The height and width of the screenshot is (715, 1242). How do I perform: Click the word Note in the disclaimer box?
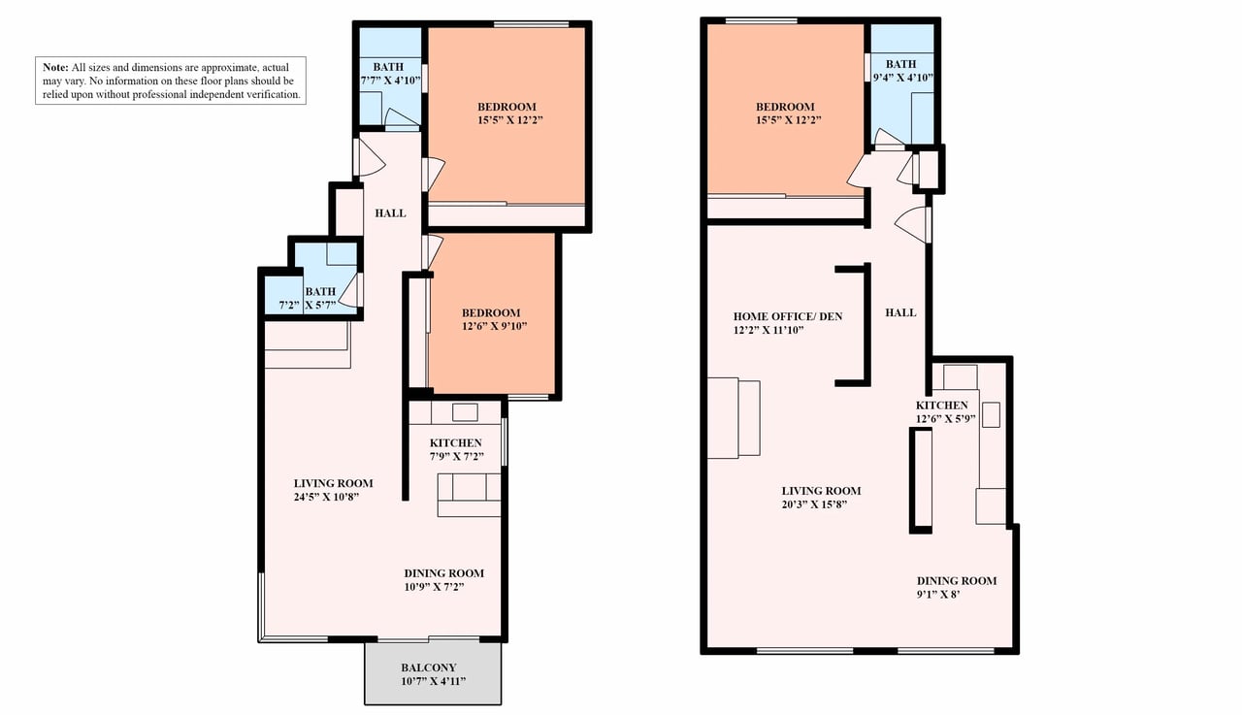[55, 67]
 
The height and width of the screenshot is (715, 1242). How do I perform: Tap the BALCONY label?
[429, 667]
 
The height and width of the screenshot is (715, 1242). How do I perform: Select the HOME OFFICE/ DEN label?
[788, 316]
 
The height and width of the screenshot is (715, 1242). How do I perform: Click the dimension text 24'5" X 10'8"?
[327, 497]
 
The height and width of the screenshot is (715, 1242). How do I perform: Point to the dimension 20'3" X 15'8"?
[814, 504]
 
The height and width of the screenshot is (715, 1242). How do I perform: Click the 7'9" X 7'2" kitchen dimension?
[457, 457]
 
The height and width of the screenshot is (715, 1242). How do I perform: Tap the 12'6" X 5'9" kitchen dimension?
[945, 419]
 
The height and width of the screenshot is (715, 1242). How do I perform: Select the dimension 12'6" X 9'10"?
[495, 326]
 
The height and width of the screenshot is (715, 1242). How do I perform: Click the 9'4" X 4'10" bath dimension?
[903, 78]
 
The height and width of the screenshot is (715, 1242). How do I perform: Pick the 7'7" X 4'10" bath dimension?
[391, 81]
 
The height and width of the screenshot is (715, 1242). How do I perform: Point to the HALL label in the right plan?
[900, 312]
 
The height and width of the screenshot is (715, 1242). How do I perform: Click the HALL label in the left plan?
[390, 212]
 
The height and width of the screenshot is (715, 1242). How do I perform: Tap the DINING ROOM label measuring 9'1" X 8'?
[957, 581]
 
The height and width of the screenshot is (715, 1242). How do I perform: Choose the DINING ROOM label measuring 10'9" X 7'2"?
[444, 573]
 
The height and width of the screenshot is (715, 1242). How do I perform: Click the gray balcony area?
[433, 673]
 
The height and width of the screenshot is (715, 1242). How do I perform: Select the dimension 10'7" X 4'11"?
[434, 681]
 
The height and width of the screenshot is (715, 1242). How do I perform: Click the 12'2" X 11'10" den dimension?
[768, 330]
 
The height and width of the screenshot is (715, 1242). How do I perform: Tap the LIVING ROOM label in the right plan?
[821, 491]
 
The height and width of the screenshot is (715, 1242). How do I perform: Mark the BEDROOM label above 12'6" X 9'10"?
[491, 312]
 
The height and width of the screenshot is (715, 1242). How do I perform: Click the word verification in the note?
[273, 94]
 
